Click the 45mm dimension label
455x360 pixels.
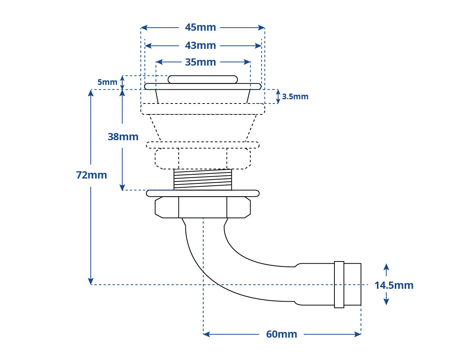200,28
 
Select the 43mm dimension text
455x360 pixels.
200,45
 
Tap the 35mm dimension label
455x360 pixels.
200,62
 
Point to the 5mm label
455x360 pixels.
107,82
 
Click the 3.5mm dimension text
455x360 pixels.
295,97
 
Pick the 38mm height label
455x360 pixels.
123,137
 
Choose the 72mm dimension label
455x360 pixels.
91,175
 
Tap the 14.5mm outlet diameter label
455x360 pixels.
394,285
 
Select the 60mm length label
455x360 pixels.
281,334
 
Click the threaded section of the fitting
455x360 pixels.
203,180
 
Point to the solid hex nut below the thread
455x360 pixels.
203,207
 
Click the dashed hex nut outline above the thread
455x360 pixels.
203,158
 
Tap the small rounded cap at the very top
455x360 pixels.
203,80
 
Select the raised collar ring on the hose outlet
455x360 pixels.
339,285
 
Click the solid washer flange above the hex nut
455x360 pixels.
203,193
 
